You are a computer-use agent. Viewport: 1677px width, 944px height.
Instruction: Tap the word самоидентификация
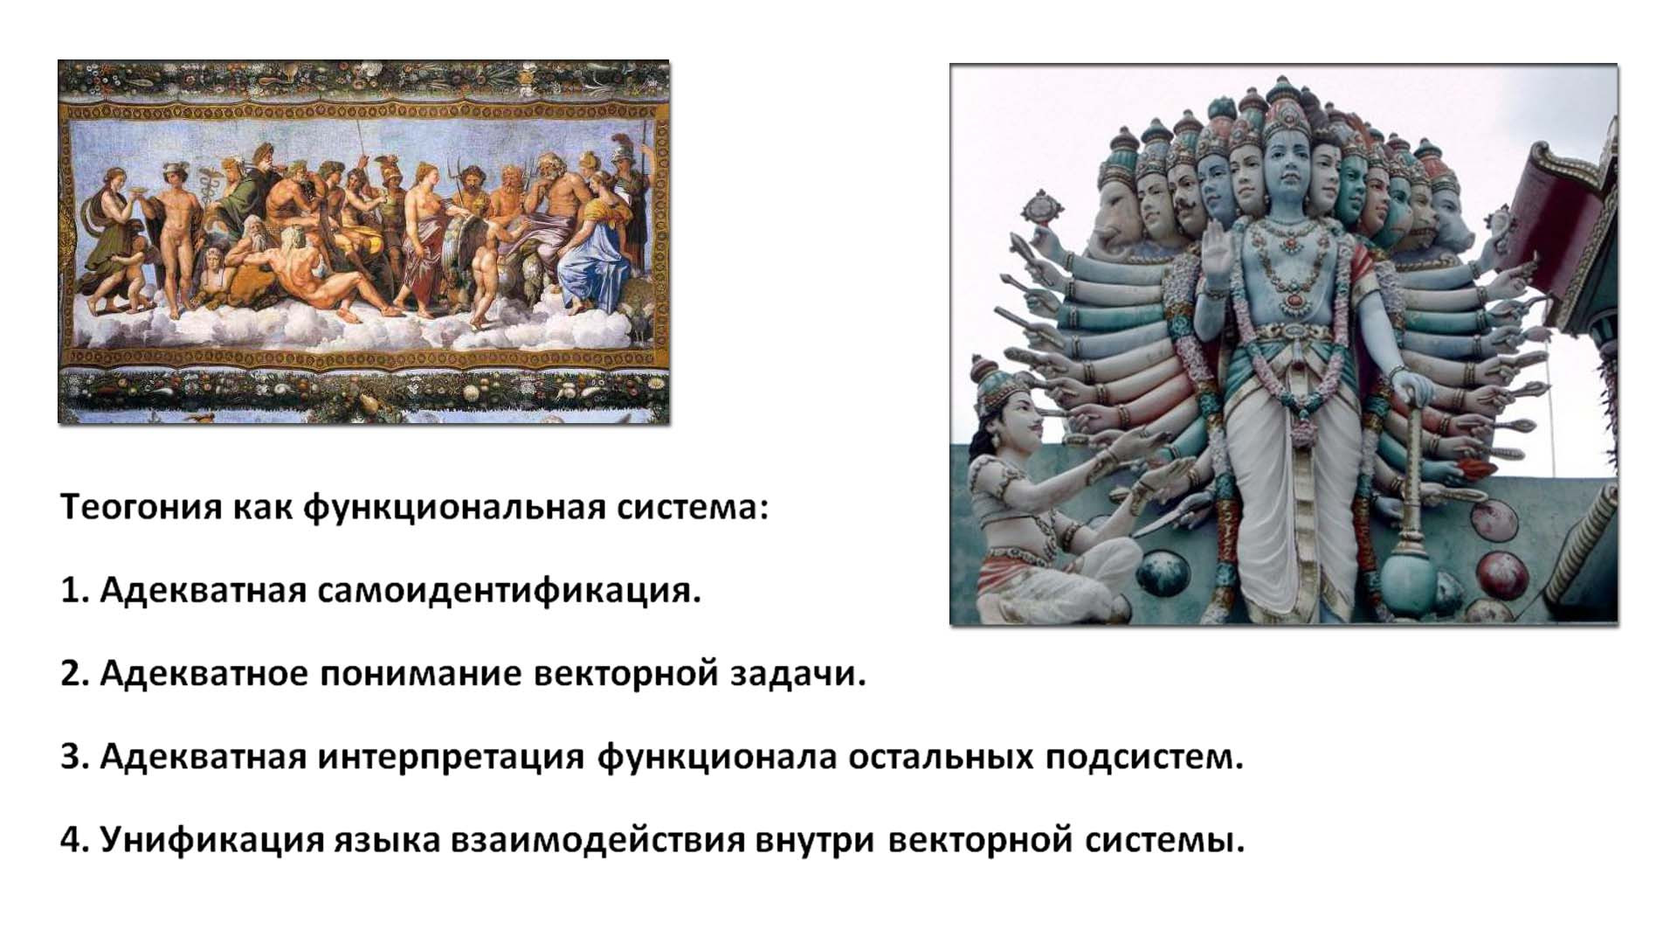pyautogui.click(x=508, y=591)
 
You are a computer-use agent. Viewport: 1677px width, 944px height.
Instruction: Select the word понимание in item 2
pyautogui.click(x=421, y=674)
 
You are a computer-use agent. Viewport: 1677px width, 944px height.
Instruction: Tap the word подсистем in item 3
pyautogui.click(x=1143, y=757)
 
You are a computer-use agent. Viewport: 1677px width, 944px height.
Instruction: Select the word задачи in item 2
pyautogui.click(x=797, y=674)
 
